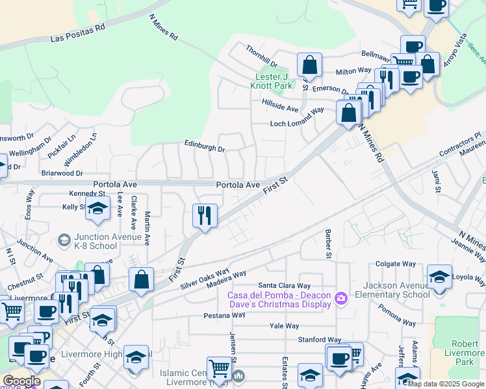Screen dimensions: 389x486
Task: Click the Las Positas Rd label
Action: (78, 34)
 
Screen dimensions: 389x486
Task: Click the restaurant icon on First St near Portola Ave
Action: (205, 215)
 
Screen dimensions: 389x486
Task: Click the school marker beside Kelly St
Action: (97, 208)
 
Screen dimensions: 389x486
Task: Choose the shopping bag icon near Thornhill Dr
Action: (310, 65)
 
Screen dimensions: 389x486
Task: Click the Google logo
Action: (22, 381)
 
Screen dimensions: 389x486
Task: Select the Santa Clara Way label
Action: (285, 285)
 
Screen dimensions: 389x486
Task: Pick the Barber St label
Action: (329, 244)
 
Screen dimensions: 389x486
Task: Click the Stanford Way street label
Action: (320, 339)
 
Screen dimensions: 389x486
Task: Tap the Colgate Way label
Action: (396, 264)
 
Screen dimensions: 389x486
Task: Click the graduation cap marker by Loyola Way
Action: (439, 276)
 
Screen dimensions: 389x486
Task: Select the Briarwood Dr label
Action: (62, 174)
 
